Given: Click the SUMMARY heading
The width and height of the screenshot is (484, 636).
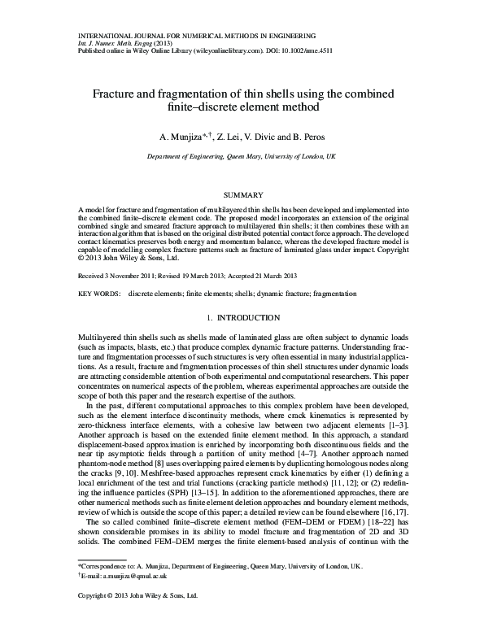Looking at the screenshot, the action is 242,195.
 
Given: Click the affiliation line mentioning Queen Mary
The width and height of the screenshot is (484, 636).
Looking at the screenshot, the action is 242,158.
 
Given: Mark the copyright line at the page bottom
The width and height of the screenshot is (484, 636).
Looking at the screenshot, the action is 137,619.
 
